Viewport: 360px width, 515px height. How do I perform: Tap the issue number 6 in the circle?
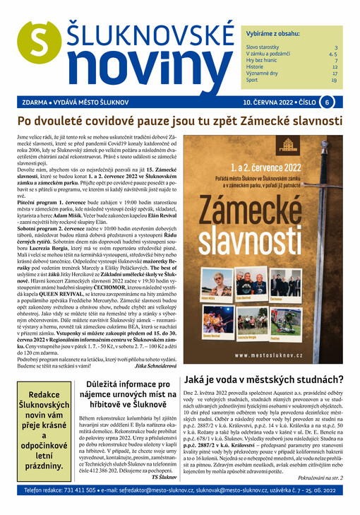pyautogui.click(x=328, y=102)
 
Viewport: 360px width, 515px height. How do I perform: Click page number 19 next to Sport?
pyautogui.click(x=334, y=81)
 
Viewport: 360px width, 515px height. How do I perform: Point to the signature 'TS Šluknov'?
pyautogui.click(x=164, y=477)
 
